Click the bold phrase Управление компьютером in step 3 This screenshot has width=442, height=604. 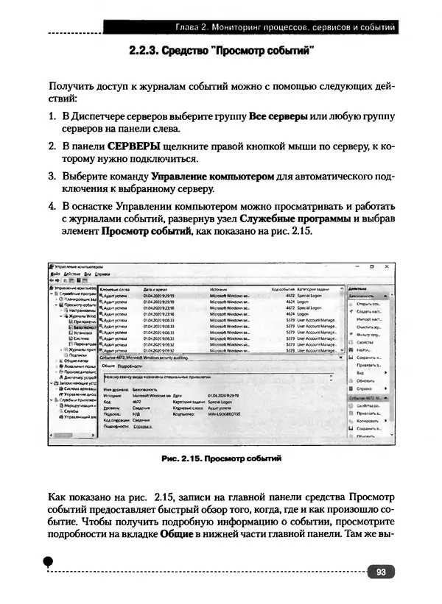(212, 176)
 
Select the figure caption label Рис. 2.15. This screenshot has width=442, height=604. (182, 458)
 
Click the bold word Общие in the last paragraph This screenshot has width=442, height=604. (176, 532)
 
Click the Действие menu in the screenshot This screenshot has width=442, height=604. (71, 273)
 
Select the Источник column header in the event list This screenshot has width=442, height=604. (221, 288)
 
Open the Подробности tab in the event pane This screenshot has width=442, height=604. (129, 365)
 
